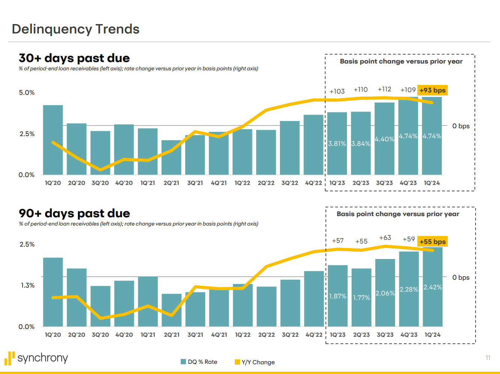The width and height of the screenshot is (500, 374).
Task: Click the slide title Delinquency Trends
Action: click(x=76, y=29)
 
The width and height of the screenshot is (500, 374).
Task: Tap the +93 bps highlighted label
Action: click(x=432, y=90)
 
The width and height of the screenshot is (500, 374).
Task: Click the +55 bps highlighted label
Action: click(x=432, y=242)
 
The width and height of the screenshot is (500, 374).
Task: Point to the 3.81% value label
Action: click(x=337, y=144)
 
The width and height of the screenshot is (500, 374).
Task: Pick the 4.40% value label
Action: click(x=384, y=139)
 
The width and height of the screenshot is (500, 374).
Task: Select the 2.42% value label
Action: click(x=432, y=287)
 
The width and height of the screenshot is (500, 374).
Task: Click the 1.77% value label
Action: click(x=361, y=298)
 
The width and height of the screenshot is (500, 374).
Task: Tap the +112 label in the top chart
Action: click(x=384, y=89)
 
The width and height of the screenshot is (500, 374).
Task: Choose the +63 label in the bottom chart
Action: click(x=385, y=238)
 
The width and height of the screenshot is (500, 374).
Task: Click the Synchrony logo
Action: click(x=36, y=358)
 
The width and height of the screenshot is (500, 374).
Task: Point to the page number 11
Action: click(x=488, y=357)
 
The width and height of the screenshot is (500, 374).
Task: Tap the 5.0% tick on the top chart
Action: click(x=27, y=92)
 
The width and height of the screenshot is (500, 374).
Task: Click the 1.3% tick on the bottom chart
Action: click(x=27, y=285)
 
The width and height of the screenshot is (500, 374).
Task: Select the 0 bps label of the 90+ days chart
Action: click(x=461, y=277)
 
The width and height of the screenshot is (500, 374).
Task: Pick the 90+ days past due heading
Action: click(x=74, y=213)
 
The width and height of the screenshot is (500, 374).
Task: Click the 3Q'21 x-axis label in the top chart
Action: click(x=195, y=183)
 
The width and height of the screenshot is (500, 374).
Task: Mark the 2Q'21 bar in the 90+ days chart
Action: click(x=172, y=310)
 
